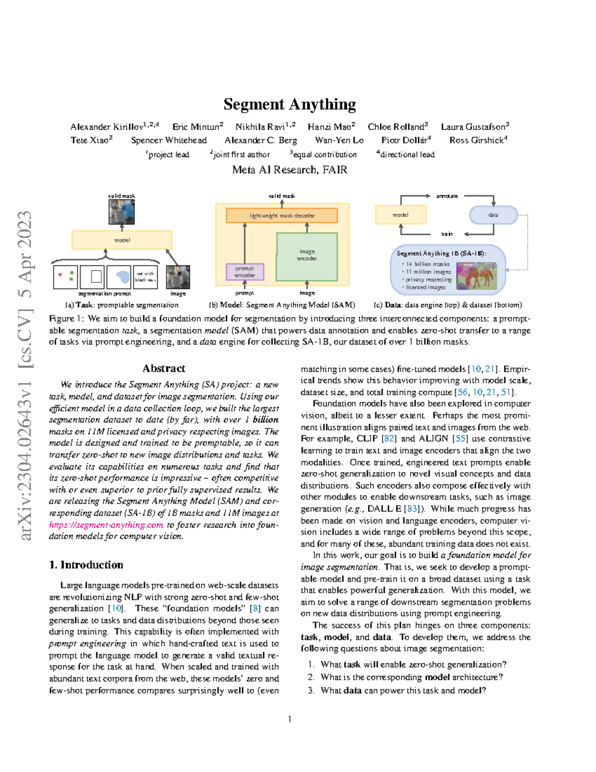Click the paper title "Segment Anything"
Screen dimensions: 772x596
click(x=290, y=104)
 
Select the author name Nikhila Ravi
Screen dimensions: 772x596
click(x=260, y=127)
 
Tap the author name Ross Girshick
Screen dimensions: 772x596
click(x=476, y=140)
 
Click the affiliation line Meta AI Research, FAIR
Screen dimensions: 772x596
click(x=290, y=170)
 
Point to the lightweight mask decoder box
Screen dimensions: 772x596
click(x=282, y=215)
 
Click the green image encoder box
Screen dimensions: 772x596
click(x=307, y=256)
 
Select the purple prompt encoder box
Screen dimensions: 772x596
click(x=245, y=271)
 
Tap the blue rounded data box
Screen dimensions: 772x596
click(x=493, y=215)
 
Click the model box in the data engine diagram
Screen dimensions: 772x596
click(x=401, y=215)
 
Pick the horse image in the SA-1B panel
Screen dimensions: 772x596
click(x=476, y=276)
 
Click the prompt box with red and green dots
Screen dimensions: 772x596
click(x=66, y=277)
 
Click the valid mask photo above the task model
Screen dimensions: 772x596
click(x=122, y=212)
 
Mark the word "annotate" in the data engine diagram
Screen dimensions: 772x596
click(x=447, y=196)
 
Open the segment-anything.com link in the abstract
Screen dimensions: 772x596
click(x=106, y=525)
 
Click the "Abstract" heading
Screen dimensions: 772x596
click(x=163, y=368)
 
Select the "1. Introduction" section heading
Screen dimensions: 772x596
click(x=86, y=565)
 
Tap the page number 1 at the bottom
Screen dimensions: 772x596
click(x=290, y=719)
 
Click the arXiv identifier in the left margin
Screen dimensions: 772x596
click(x=25, y=375)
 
